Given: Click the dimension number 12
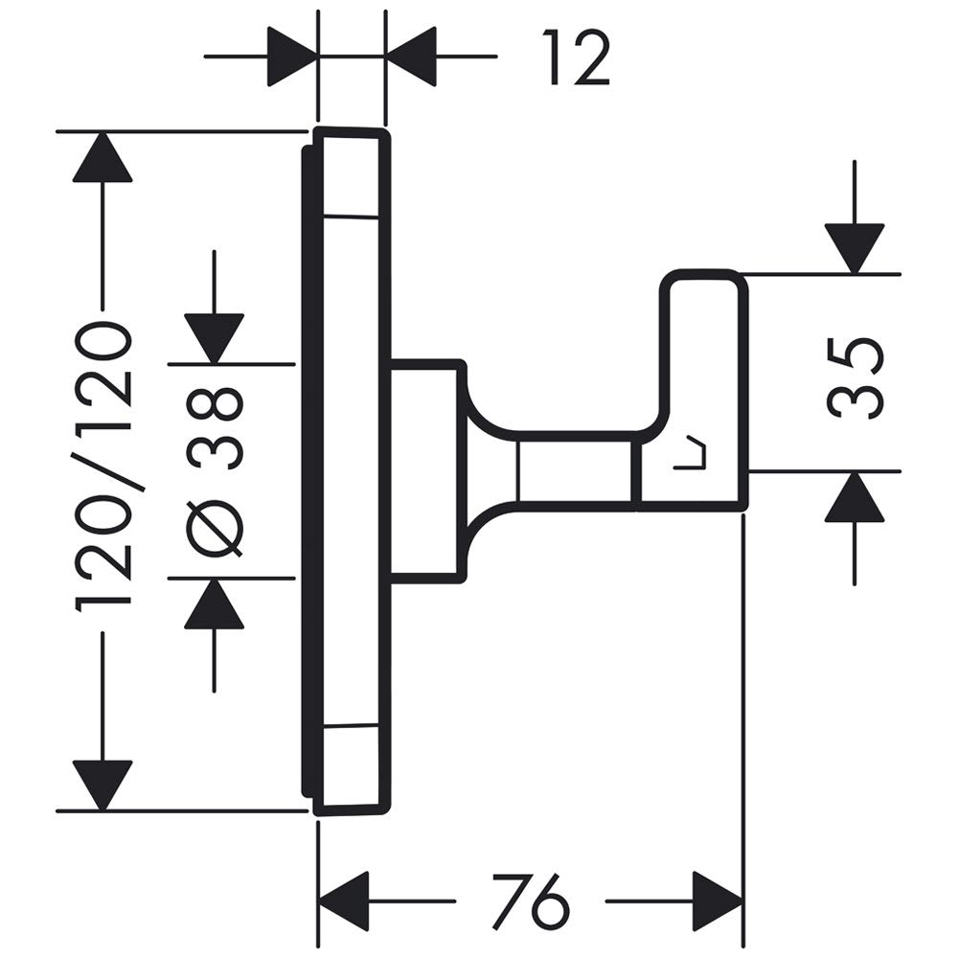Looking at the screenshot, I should point(576,57).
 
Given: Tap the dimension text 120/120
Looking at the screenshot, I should point(103,467).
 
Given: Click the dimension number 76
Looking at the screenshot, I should point(530,901).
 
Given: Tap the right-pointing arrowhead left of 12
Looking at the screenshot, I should point(292,57).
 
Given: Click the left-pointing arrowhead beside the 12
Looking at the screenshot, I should point(412,57).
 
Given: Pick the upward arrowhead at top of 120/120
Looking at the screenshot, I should point(102,158).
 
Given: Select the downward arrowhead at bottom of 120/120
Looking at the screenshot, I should point(102,784).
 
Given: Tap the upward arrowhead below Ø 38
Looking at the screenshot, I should point(215,605).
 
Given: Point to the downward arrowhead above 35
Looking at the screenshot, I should point(854,248).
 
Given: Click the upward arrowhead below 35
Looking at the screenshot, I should point(854,498).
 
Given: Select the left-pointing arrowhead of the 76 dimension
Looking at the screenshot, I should point(343,901).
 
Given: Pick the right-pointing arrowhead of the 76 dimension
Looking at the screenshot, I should point(718,901).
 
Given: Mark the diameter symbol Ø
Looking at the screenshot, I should point(216,527).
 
